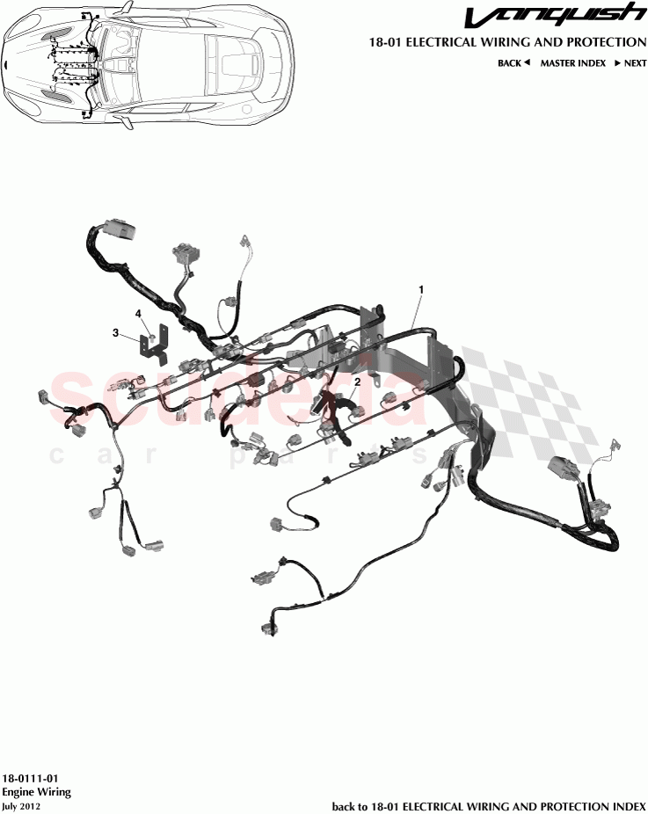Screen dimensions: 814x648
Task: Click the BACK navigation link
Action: (509, 63)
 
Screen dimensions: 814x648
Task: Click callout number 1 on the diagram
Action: (421, 288)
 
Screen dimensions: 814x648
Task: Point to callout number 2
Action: (358, 382)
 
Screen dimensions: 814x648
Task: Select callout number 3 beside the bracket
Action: (115, 332)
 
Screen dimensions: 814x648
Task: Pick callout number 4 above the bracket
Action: (138, 313)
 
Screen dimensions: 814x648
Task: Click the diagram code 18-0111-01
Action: (30, 779)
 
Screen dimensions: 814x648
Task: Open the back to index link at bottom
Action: (488, 806)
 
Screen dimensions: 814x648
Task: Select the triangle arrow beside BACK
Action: (527, 63)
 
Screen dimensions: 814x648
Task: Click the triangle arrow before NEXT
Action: (617, 63)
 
